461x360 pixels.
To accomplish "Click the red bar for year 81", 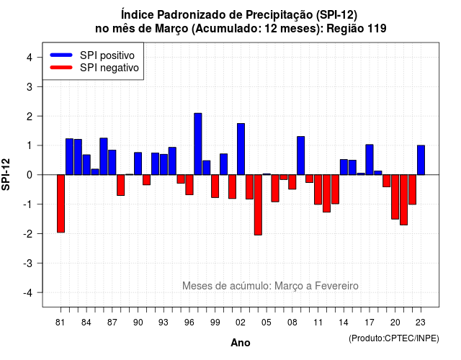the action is [61, 203].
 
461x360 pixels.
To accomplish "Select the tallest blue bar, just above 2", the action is [198, 144].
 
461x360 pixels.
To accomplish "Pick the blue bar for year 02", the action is [241, 149].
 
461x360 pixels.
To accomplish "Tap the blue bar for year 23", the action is [421, 160].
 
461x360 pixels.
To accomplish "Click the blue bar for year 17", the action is [370, 160].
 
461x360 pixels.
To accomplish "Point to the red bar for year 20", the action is [395, 197].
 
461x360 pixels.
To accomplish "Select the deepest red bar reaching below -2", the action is [258, 204].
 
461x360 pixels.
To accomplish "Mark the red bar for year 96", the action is [189, 184].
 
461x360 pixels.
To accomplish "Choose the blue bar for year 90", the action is [138, 163].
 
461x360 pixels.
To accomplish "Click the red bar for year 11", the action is [318, 189].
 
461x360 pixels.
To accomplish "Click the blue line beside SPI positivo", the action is [61, 55].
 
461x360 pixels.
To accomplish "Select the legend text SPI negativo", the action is [109, 68].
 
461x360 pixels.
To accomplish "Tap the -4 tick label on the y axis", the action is [28, 293].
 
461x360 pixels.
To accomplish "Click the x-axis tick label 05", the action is [266, 323].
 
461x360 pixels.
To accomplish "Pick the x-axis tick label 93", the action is [164, 323].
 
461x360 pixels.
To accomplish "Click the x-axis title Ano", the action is [241, 343].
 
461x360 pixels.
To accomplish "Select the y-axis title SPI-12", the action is [6, 174].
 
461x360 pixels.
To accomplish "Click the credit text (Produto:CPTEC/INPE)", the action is [394, 338].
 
